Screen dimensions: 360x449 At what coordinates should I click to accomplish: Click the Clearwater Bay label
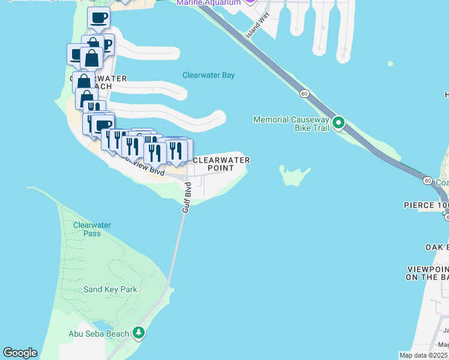point(208,76)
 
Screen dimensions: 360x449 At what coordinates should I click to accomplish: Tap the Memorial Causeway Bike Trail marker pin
point(339,124)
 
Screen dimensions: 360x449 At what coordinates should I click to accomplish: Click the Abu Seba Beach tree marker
point(139,332)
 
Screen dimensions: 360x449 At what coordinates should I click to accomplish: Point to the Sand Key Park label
point(110,289)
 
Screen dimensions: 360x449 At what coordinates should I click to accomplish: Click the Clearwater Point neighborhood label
point(221,164)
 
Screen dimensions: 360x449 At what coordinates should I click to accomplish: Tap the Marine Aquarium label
point(208,2)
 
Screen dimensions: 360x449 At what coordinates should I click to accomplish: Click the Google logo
point(20,353)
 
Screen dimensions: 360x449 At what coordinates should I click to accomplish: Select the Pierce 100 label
point(426,205)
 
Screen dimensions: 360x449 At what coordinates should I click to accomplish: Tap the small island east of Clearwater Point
point(295,176)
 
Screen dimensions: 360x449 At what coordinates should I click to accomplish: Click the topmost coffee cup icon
point(98,18)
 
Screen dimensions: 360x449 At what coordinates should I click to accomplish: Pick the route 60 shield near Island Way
point(305,94)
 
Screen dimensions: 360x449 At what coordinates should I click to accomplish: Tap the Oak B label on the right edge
point(437,247)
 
